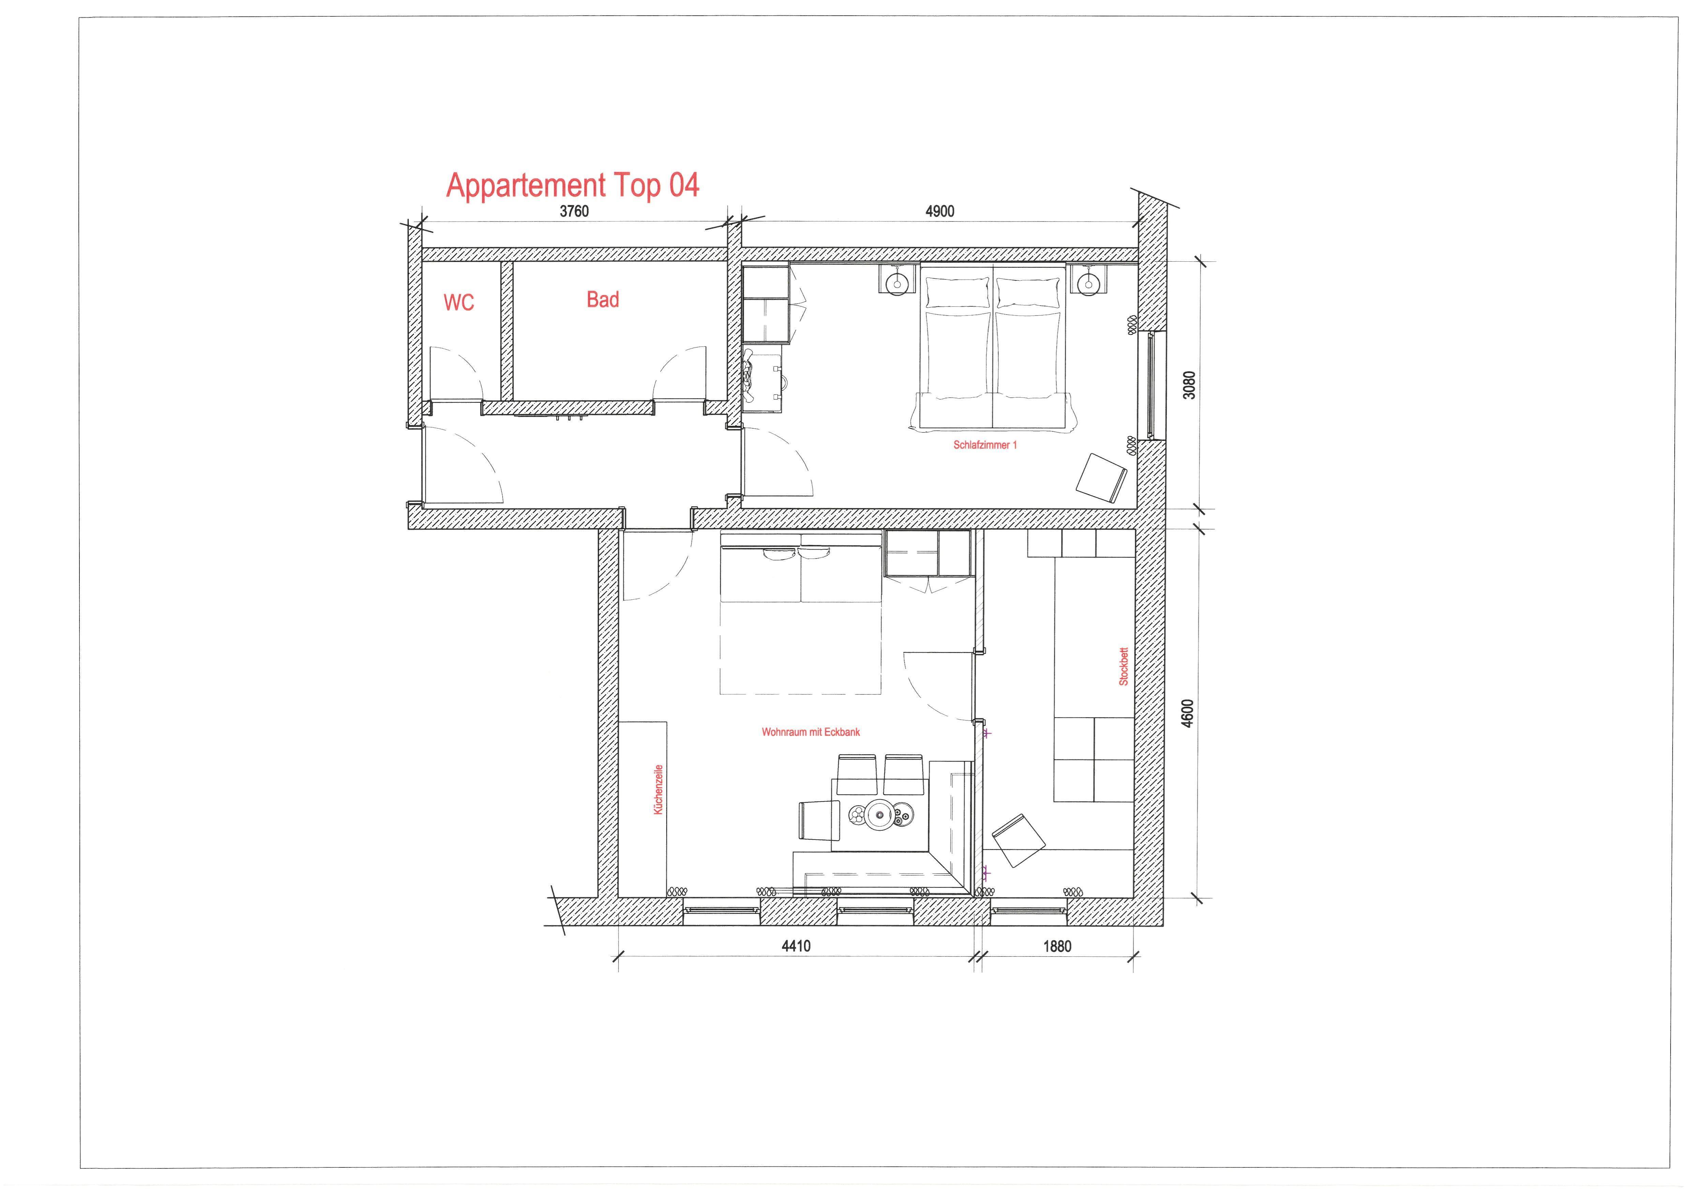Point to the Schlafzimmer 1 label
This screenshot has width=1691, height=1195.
(x=985, y=445)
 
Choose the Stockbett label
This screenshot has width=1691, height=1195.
(x=1123, y=667)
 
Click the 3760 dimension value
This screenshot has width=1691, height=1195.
(x=574, y=211)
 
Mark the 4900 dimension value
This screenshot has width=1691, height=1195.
(x=940, y=211)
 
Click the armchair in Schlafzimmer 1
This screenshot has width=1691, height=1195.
(x=1101, y=477)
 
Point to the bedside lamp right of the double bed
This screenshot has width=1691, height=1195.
(x=1087, y=280)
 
